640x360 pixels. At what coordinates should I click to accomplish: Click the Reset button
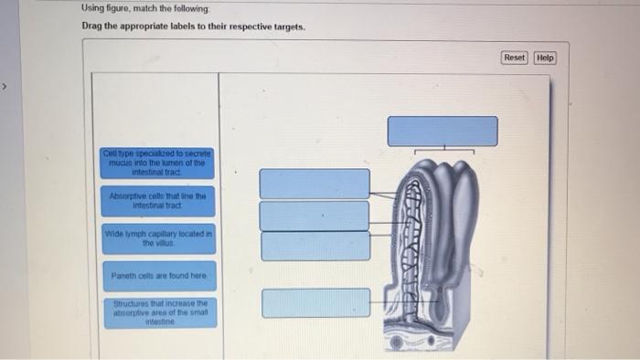[515, 58]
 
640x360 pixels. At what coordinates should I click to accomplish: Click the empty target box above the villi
[443, 131]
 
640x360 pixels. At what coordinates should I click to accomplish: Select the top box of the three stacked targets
[315, 184]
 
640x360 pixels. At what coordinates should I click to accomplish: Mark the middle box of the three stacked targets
[315, 216]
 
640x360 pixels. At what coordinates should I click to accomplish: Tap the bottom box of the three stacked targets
[315, 246]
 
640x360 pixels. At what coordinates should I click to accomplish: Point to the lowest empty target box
[315, 302]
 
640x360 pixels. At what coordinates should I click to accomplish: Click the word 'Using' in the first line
[91, 8]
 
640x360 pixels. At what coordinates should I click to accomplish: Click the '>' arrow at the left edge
[5, 88]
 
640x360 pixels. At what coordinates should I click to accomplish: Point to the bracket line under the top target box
[443, 151]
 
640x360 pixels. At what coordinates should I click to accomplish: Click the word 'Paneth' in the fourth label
[123, 275]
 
